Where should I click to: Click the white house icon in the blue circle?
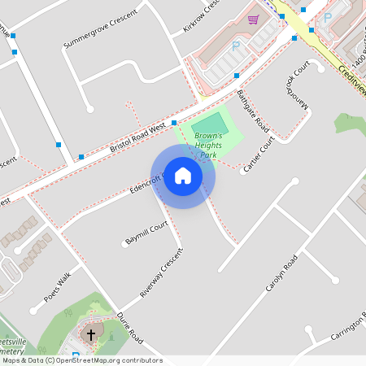(x=183, y=176)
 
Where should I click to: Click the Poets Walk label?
(x=57, y=287)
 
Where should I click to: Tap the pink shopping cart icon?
(x=253, y=19)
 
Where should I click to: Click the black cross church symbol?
(x=90, y=333)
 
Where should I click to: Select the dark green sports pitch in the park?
(x=210, y=125)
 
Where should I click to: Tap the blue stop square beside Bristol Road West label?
(x=175, y=123)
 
